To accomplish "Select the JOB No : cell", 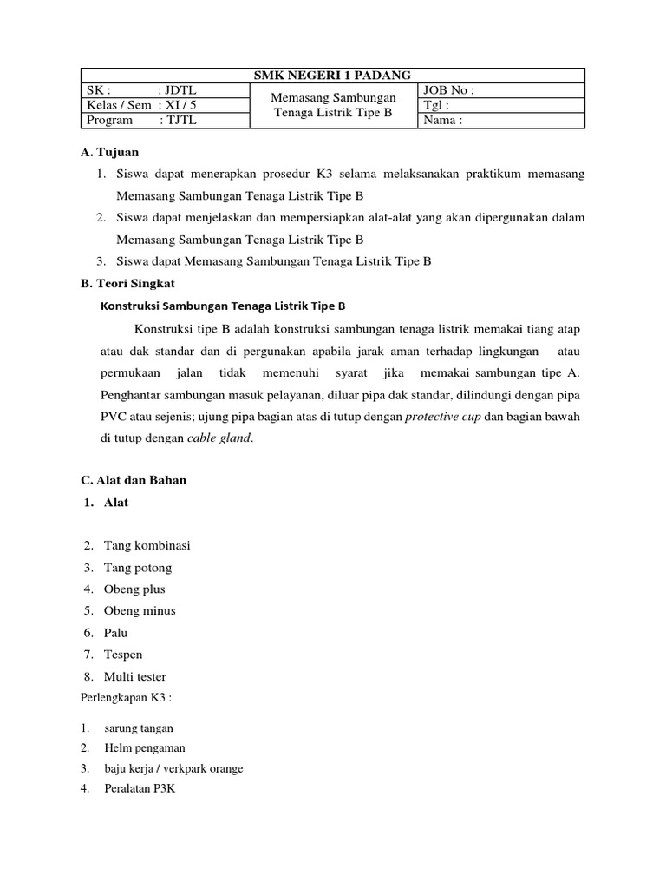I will tap(501, 90).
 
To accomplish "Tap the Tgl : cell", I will tap(501, 105).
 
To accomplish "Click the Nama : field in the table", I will tap(501, 121).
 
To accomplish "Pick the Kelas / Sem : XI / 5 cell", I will tap(165, 105).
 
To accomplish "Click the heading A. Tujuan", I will tap(108, 153).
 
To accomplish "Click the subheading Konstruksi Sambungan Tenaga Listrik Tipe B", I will tap(224, 306).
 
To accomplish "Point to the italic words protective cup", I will tap(441, 417).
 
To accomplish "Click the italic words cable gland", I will tap(219, 438).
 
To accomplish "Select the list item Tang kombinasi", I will tap(147, 546).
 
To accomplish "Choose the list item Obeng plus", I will tap(134, 589).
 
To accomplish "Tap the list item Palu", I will tap(116, 633).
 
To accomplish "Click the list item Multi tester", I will tap(134, 676).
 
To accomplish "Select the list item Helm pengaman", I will tap(144, 747).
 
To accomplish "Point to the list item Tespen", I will tap(123, 655).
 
